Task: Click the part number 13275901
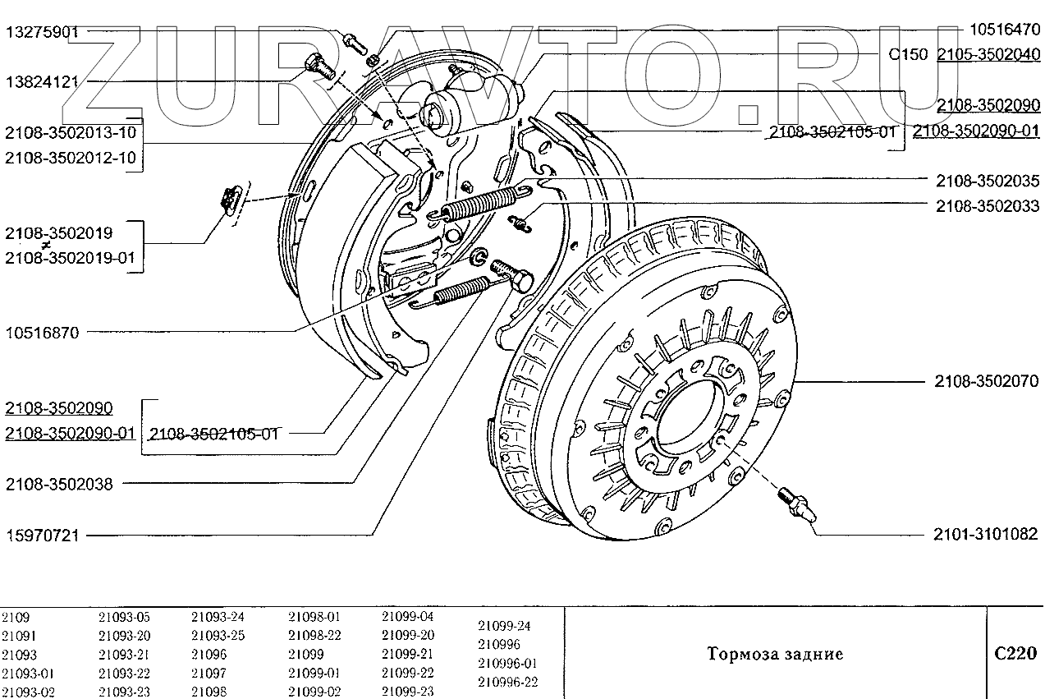[42, 33]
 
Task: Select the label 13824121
[42, 82]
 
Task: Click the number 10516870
[42, 333]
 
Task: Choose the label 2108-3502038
[59, 484]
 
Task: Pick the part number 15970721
[42, 536]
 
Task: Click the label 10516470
[1004, 30]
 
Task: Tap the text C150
[909, 54]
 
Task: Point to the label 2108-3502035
[987, 181]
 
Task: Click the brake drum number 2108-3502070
[987, 382]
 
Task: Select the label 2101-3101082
[987, 534]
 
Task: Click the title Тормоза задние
[775, 655]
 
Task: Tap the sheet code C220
[1015, 653]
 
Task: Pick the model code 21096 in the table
[209, 655]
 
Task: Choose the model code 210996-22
[508, 682]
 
